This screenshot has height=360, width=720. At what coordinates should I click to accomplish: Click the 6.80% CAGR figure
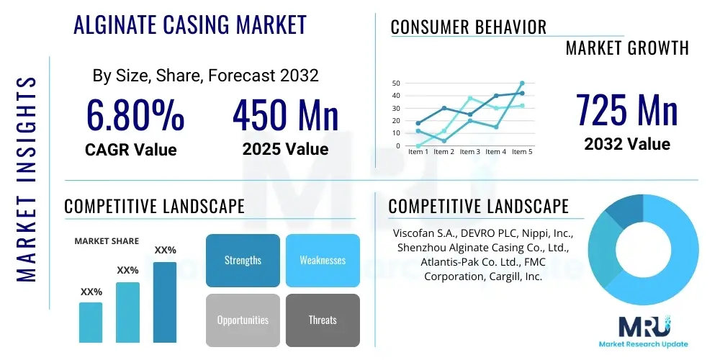point(135,115)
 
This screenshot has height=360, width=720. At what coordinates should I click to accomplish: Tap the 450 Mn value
point(285,115)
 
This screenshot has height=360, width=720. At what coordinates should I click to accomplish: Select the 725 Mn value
point(626,110)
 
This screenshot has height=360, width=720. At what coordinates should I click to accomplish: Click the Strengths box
point(243,260)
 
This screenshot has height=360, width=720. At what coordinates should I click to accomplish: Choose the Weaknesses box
point(323,260)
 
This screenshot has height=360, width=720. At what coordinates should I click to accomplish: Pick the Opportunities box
point(243,320)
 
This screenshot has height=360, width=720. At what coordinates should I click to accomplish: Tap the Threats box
point(323,320)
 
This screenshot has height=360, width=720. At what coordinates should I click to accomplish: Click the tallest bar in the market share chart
point(165,302)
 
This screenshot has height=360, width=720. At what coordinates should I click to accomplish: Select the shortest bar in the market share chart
point(91,322)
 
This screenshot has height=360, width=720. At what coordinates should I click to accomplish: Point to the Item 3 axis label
point(469,152)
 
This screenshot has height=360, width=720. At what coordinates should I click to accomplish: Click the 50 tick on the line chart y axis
point(396,84)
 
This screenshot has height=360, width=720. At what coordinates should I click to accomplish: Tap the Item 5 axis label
point(521,152)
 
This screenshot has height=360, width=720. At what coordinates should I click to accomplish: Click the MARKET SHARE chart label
point(107,241)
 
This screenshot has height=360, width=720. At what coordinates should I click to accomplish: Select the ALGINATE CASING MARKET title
point(190,25)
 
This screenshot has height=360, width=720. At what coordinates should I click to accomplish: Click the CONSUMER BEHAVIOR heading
point(468,27)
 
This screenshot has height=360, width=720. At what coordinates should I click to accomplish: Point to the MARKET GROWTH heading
point(627,48)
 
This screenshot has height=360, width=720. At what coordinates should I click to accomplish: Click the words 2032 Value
point(626,144)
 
